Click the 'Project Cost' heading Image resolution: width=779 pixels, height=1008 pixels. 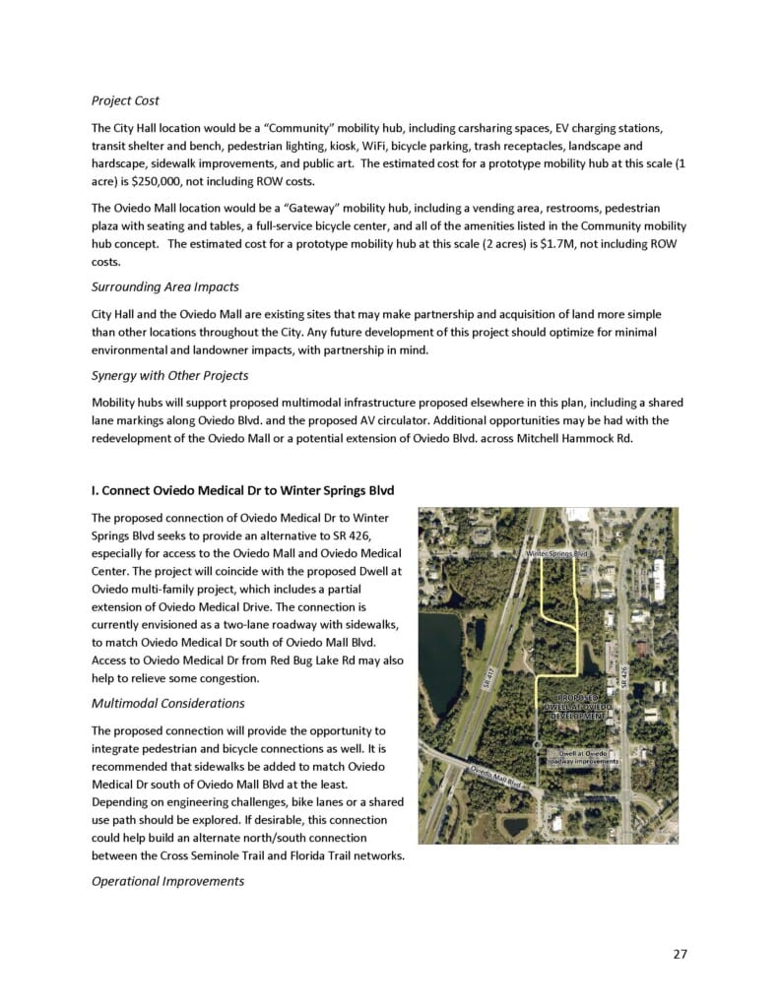pyautogui.click(x=125, y=100)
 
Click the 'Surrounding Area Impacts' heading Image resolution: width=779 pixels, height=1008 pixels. pyautogui.click(x=164, y=287)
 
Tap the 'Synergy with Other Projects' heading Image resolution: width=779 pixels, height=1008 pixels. pyautogui.click(x=169, y=376)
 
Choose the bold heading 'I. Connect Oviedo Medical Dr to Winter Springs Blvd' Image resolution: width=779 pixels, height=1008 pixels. pyautogui.click(x=245, y=489)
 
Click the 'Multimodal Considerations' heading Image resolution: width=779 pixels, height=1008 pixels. pyautogui.click(x=167, y=704)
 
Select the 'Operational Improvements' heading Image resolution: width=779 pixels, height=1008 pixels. pyautogui.click(x=167, y=881)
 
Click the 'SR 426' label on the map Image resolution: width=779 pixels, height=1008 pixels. pyautogui.click(x=623, y=680)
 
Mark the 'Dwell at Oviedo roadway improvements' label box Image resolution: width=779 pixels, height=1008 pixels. pyautogui.click(x=583, y=757)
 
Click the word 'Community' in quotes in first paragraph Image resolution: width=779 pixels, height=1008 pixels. pyautogui.click(x=267, y=129)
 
